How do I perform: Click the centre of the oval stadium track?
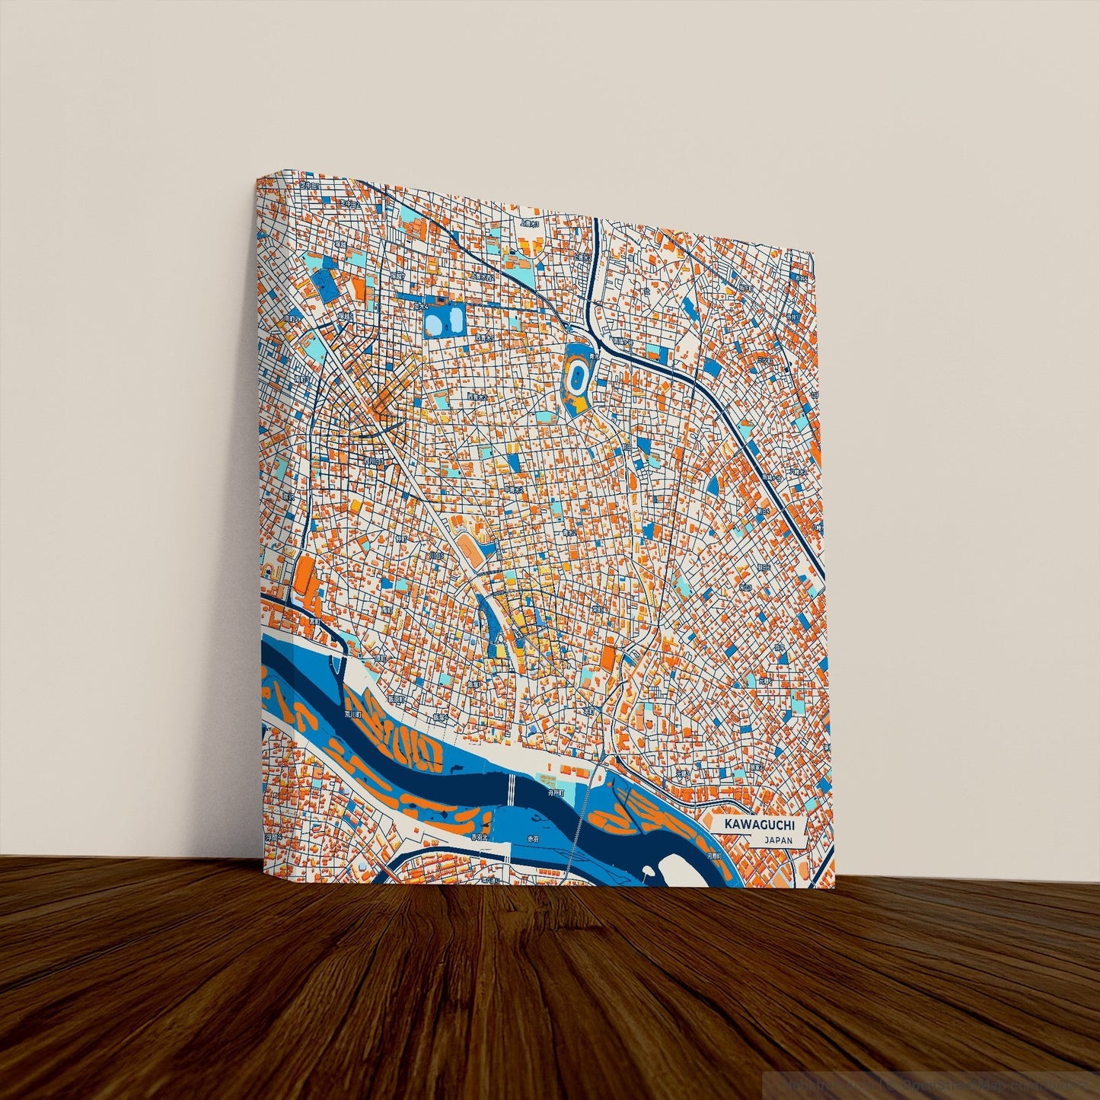(578, 376)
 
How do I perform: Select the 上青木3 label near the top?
(529, 225)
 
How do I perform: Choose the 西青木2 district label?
(476, 397)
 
